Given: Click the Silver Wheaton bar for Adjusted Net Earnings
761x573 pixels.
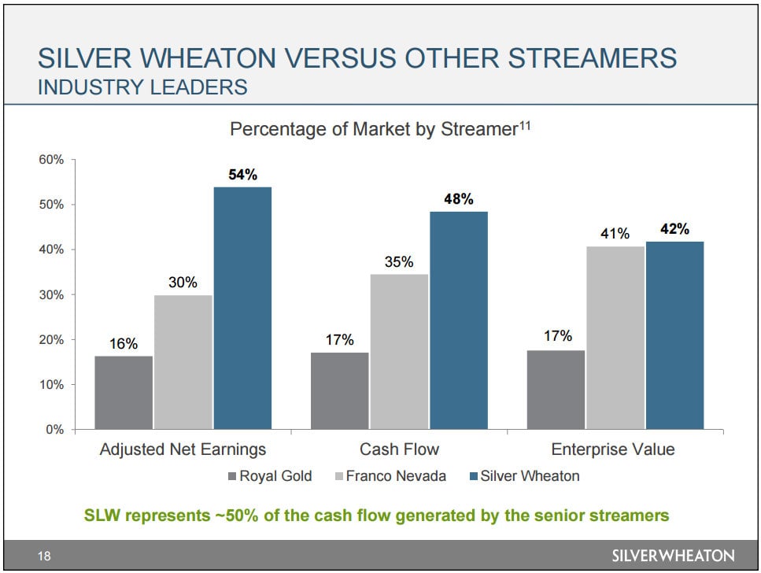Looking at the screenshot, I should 242,309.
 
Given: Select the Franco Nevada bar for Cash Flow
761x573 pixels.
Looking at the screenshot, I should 399,352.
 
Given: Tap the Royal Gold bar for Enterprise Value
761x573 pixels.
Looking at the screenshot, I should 556,390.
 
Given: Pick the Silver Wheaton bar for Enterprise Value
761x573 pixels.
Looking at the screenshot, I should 674,335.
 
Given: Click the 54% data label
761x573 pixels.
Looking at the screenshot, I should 242,175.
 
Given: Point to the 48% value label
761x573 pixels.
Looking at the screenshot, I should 459,199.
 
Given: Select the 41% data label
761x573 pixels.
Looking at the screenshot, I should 615,234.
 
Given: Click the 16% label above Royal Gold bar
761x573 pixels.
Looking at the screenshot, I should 124,343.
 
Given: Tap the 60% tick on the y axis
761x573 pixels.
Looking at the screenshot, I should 51,160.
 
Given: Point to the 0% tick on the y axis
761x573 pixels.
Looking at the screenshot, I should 54,430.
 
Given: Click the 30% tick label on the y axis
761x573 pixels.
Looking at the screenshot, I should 51,295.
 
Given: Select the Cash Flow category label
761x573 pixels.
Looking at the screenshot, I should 399,450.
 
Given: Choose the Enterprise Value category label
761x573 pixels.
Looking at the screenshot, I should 613,450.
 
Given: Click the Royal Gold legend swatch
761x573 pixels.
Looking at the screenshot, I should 231,476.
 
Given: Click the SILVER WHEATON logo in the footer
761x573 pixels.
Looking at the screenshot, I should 672,556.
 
